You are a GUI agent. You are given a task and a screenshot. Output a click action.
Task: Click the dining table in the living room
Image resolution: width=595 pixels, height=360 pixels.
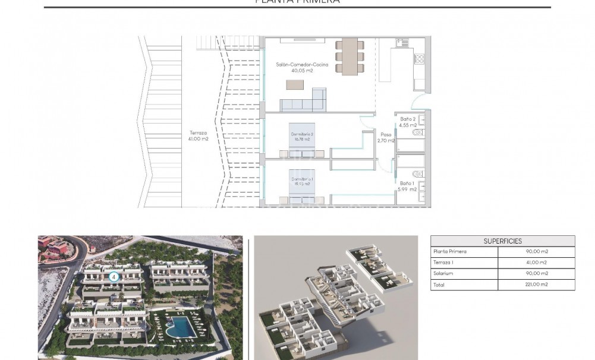tap(350, 56)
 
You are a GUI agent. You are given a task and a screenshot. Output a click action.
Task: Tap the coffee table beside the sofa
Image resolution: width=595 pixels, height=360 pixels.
tap(295, 85)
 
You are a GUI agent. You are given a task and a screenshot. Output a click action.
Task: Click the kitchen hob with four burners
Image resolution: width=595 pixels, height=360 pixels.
tap(418, 59)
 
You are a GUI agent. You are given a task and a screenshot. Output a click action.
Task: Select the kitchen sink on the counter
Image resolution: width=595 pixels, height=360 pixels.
tap(401, 43)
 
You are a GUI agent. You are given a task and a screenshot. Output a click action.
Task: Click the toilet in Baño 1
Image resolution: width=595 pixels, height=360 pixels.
tap(418, 173)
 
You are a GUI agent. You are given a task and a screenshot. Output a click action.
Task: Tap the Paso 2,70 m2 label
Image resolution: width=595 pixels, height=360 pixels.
tap(386, 138)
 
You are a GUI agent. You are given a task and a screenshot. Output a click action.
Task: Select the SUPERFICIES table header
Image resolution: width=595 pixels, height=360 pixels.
tap(502, 241)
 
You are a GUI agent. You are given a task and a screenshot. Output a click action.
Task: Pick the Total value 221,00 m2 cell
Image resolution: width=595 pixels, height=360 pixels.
tap(536, 285)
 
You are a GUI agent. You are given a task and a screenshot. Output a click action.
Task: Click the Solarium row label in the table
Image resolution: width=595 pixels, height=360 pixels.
tap(443, 274)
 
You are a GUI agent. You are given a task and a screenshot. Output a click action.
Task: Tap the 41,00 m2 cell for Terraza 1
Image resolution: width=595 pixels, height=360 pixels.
tap(536, 263)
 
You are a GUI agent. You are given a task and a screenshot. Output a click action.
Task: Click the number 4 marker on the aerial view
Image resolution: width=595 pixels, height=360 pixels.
tap(113, 276)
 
